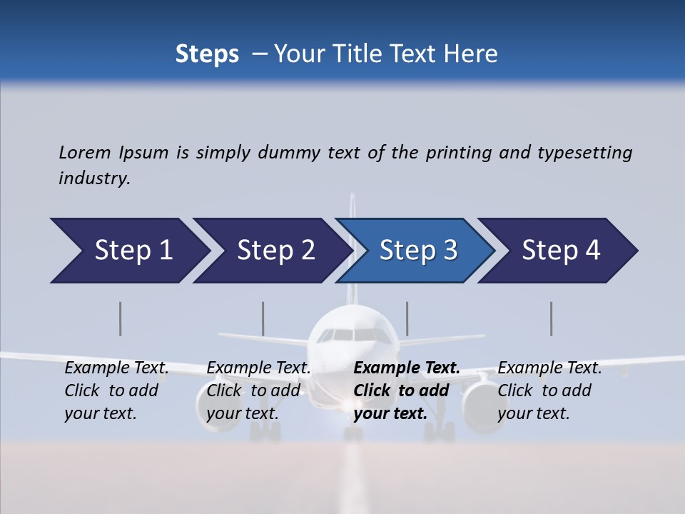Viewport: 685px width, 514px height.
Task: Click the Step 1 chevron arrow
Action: [x=128, y=251]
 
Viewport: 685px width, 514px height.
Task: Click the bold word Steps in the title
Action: [x=207, y=54]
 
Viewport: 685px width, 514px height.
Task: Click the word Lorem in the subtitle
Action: [x=85, y=152]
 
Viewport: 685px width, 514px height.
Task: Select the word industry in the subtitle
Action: [x=94, y=178]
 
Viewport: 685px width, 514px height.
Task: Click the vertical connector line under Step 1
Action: [x=121, y=318]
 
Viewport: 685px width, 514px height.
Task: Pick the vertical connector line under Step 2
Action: [x=263, y=318]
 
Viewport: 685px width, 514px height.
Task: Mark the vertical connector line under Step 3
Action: [x=407, y=318]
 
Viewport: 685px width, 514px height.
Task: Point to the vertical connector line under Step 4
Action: [x=552, y=318]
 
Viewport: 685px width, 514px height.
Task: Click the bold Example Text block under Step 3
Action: [x=406, y=390]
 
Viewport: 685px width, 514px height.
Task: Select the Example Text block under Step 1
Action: [x=116, y=390]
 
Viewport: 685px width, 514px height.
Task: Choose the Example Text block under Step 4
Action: [x=549, y=390]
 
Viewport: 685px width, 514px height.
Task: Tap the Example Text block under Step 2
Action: [x=258, y=390]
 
